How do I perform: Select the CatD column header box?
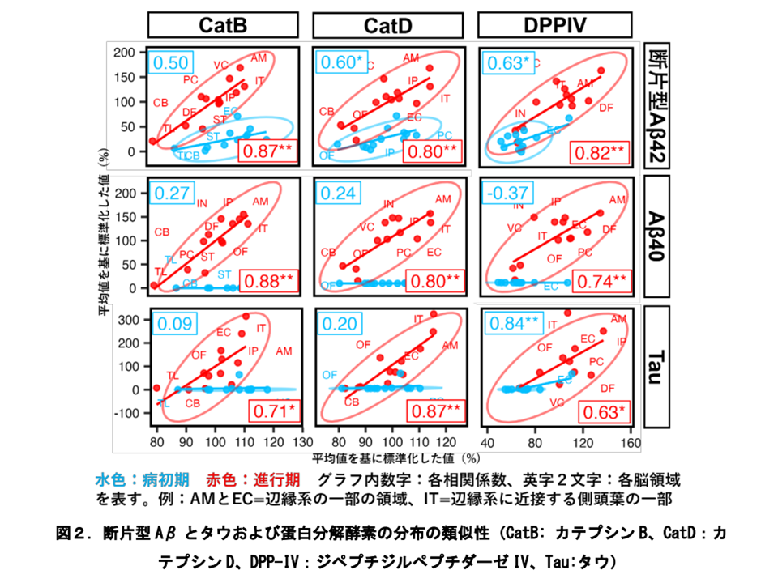coord(388,26)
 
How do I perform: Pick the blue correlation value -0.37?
coord(506,194)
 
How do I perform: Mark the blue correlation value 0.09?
coord(171,324)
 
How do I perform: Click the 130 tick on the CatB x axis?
coord(301,443)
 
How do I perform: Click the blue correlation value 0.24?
coord(336,194)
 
